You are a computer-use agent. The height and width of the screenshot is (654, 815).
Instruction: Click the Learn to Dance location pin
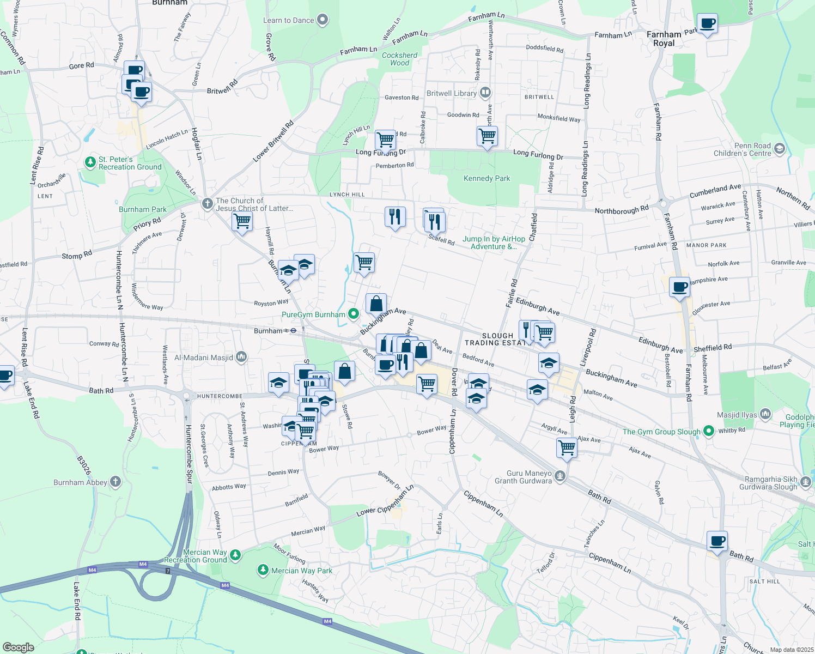[x=323, y=20]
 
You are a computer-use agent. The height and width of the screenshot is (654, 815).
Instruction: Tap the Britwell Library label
[x=452, y=93]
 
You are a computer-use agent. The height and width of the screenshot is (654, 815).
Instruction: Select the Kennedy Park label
[x=486, y=178]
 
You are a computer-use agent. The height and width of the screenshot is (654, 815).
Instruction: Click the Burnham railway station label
[x=269, y=331]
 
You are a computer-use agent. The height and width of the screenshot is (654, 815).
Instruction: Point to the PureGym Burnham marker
[x=354, y=314]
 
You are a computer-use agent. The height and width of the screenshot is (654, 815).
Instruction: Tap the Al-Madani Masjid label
[x=203, y=358]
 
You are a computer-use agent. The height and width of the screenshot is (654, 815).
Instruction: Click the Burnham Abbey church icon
[x=115, y=482]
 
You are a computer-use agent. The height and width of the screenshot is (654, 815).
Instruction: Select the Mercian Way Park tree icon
[x=263, y=570]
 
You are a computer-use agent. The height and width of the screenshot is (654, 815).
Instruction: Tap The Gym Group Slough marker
[x=708, y=431]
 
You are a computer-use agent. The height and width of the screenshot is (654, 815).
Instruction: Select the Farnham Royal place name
[x=664, y=39]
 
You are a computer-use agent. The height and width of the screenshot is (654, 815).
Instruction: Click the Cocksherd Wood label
[x=399, y=59]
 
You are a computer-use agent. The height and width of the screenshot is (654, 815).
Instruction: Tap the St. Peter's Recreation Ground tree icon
[x=90, y=162]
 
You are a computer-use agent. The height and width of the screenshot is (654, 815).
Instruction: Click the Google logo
[x=19, y=647]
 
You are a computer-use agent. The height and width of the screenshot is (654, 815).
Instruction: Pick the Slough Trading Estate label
[x=497, y=339]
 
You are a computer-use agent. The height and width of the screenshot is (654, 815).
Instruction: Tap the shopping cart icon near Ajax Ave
[x=567, y=448]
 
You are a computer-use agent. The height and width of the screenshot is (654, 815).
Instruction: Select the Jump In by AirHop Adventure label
[x=494, y=243]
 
